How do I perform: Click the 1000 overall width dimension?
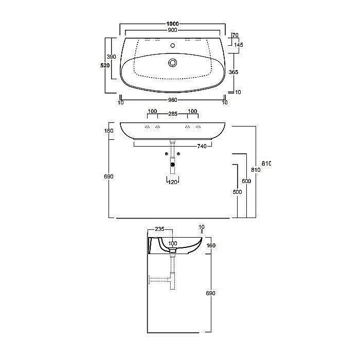[x=173, y=24]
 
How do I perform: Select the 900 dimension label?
[x=173, y=30]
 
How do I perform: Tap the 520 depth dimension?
[x=105, y=65]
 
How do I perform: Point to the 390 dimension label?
[x=112, y=57]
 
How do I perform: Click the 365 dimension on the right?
[x=233, y=72]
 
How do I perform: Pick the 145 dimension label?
[x=239, y=45]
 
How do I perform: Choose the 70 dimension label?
[x=236, y=35]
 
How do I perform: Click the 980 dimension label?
[x=173, y=100]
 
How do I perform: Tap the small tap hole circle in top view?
[x=173, y=45]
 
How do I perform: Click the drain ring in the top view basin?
[x=172, y=63]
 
